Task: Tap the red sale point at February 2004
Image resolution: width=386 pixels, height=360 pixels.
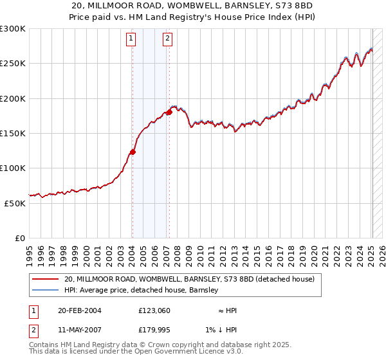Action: [x=133, y=152]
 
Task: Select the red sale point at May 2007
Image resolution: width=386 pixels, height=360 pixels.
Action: [x=169, y=113]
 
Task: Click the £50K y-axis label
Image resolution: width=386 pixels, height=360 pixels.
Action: [x=15, y=203]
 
